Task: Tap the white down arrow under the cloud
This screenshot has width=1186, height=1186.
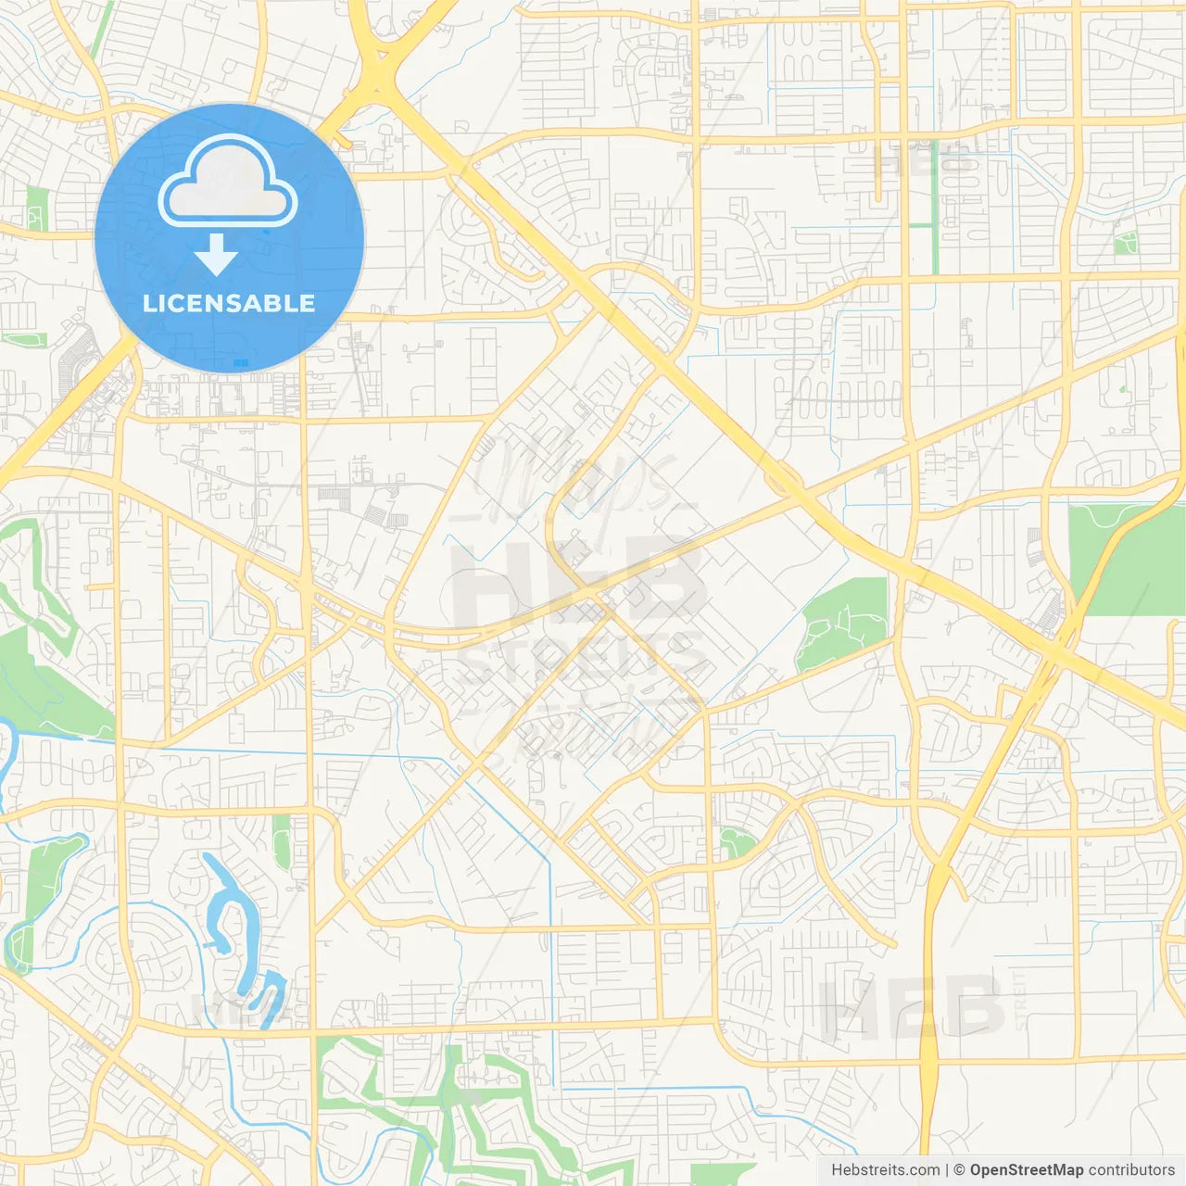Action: (217, 255)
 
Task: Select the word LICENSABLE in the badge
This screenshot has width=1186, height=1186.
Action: (229, 303)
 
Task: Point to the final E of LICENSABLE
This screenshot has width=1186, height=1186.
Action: (307, 303)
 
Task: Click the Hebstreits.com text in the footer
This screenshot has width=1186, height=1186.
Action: (885, 1170)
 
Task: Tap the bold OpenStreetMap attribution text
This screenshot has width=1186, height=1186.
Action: (1027, 1170)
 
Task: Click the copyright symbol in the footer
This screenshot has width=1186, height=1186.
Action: (960, 1170)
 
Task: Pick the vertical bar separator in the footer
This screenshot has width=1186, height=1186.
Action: (947, 1170)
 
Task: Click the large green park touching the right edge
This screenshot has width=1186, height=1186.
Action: (1126, 561)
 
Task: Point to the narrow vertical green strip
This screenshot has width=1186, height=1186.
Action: (935, 208)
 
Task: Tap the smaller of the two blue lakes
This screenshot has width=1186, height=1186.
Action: (266, 996)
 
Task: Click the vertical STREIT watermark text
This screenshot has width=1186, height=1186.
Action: (1020, 1001)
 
